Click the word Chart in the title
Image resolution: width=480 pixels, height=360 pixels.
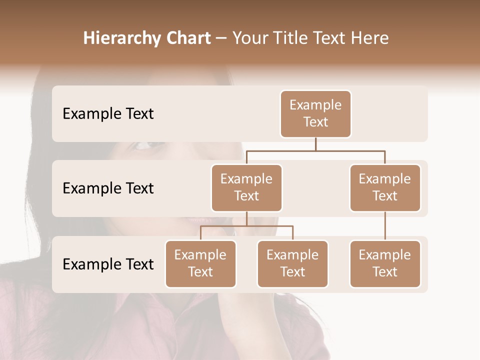click(x=185, y=38)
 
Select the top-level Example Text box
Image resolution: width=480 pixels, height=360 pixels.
click(x=315, y=114)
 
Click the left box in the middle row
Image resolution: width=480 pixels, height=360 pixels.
click(x=246, y=187)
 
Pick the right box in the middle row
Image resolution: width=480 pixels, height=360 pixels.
click(x=385, y=187)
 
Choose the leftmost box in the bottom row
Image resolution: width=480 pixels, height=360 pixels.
click(x=200, y=263)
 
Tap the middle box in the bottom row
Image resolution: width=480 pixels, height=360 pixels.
click(x=292, y=263)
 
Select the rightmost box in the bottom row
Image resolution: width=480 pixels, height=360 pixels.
click(x=385, y=263)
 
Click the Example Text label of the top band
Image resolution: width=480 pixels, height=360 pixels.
click(x=108, y=114)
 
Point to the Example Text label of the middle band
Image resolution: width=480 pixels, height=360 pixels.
click(x=108, y=188)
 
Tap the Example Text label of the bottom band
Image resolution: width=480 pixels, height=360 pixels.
click(x=108, y=264)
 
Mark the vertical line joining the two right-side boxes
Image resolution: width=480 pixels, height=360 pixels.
click(x=385, y=226)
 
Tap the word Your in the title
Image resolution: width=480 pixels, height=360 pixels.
click(x=250, y=38)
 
